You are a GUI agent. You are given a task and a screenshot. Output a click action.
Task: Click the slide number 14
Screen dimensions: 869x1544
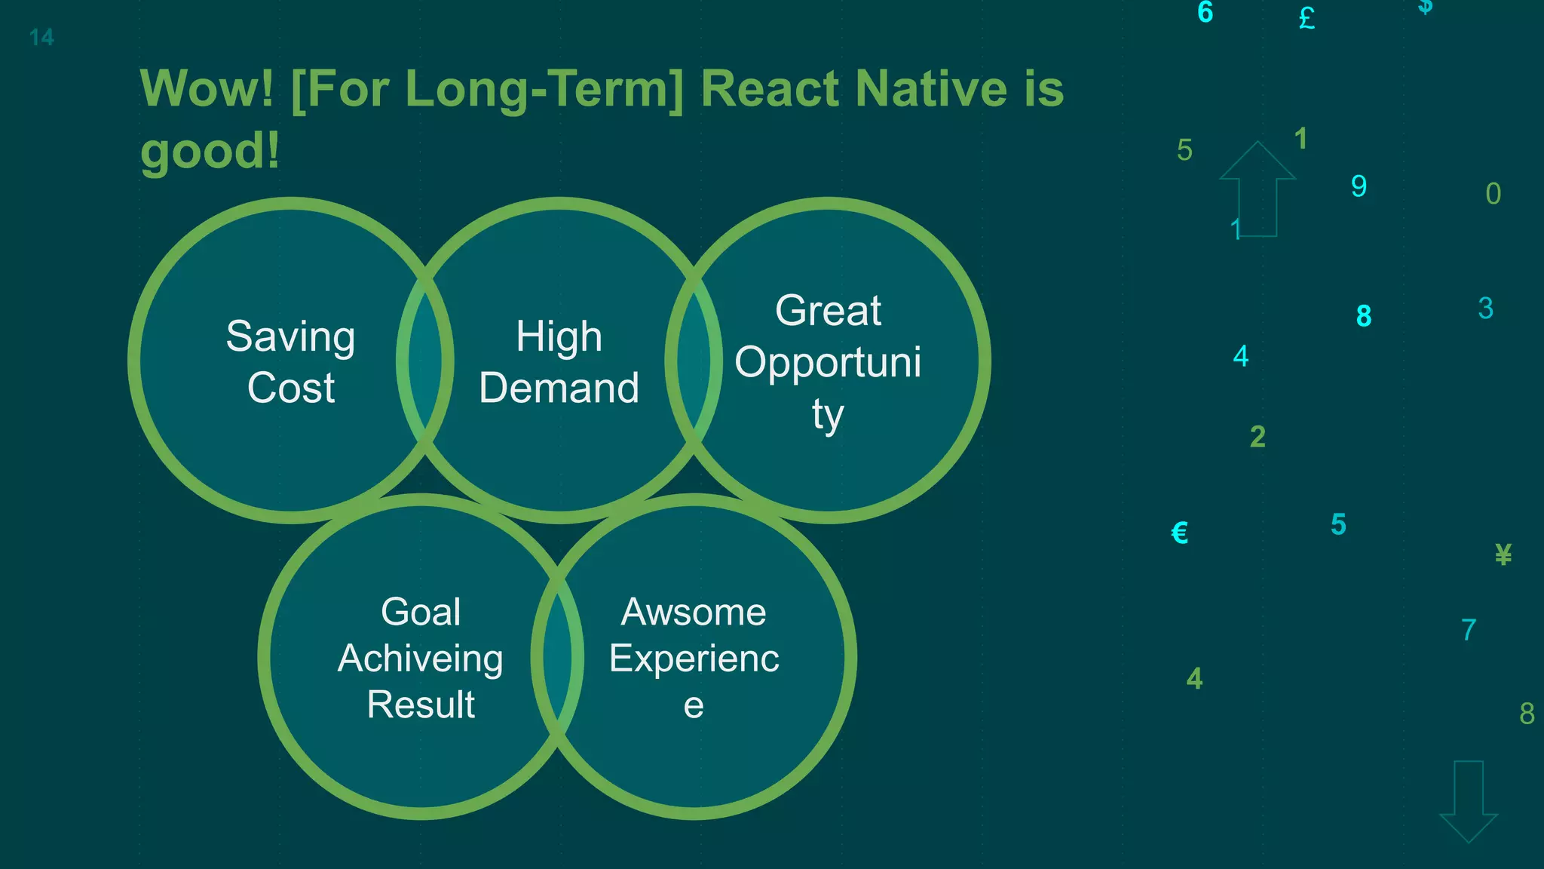coord(41,38)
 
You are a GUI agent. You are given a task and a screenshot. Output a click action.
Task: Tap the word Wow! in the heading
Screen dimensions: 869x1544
coord(207,89)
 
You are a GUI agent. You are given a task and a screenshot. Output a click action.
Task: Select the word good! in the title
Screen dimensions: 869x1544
coord(210,151)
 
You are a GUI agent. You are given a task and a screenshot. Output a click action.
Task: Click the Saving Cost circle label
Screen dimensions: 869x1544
coord(291,362)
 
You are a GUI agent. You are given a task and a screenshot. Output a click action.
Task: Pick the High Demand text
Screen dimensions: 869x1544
coord(559,362)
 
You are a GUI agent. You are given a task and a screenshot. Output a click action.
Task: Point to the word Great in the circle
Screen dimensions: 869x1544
coord(828,311)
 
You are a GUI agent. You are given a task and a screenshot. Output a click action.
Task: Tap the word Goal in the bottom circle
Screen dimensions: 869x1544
coord(421,612)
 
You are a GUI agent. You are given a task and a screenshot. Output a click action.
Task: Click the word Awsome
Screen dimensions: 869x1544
coord(694,612)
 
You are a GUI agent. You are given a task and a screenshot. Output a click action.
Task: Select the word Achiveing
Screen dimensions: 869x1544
coord(421,659)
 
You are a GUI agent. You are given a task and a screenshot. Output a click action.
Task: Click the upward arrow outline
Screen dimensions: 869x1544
coord(1258,189)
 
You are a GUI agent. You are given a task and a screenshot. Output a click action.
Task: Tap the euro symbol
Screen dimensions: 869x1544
coord(1180,533)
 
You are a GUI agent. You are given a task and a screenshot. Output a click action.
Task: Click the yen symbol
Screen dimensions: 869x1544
coord(1503,555)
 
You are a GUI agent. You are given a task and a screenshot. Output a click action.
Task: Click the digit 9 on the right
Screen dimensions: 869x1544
coord(1359,186)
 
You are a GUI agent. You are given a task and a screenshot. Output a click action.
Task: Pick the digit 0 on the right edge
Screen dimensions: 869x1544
coord(1493,195)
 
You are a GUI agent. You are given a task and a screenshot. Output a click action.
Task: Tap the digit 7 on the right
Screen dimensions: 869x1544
coord(1469,630)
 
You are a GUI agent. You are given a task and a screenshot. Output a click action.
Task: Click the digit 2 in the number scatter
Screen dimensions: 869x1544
coord(1258,437)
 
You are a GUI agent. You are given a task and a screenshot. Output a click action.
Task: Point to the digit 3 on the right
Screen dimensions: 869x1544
coord(1485,309)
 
